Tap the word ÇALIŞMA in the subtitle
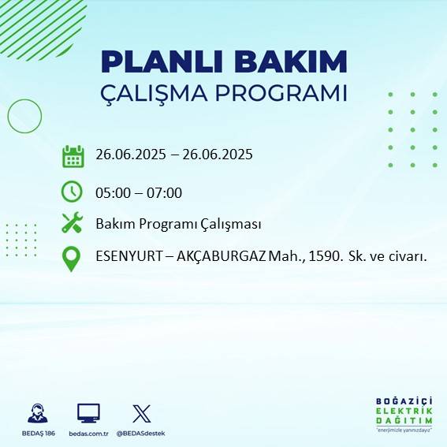click(x=160, y=93)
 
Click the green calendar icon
click(x=73, y=156)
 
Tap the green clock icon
click(x=72, y=192)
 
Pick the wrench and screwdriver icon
click(x=72, y=223)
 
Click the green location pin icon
click(x=72, y=259)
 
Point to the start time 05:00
click(x=112, y=193)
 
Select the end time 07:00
click(x=165, y=193)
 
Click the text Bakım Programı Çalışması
click(x=178, y=224)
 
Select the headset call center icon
click(x=37, y=413)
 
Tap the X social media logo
click(x=141, y=413)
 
